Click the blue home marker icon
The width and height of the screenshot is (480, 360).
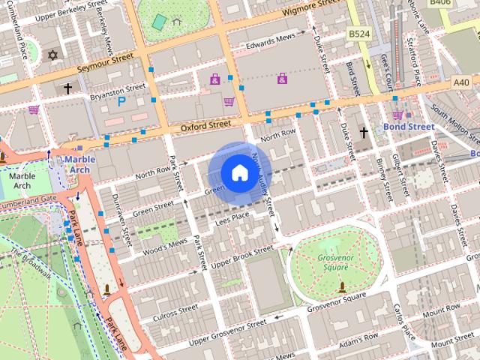pos(238,173)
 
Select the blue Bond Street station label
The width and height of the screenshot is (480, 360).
pos(409,127)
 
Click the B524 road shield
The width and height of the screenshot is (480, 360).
pos(361,34)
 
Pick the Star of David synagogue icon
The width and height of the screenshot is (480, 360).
pos(52,55)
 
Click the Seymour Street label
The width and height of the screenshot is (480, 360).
pos(104,60)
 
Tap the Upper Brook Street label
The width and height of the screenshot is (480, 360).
pos(241,256)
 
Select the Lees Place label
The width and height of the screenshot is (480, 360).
pos(232,217)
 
